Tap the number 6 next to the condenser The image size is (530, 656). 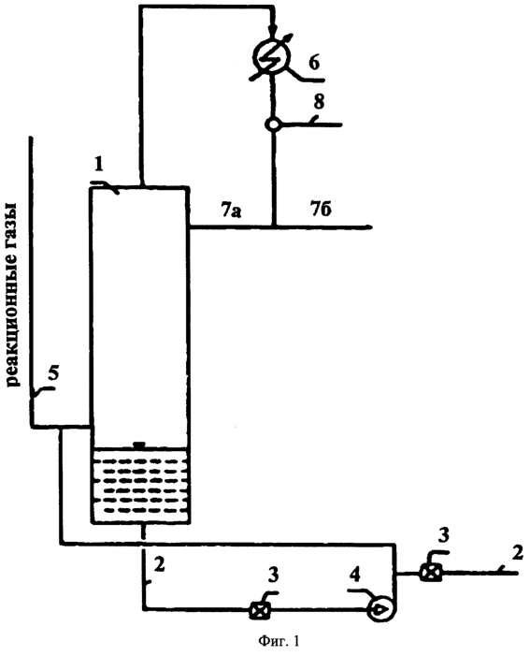(314, 63)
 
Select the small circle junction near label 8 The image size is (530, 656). (273, 124)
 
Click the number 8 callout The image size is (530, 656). (319, 102)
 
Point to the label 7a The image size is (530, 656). (232, 210)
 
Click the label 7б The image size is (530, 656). (321, 209)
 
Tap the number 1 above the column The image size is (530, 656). (99, 165)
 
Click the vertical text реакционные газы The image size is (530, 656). (14, 294)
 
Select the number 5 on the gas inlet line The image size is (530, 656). (53, 373)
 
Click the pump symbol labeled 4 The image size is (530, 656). (380, 609)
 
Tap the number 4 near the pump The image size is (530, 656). (355, 576)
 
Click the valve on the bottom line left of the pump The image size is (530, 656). (260, 610)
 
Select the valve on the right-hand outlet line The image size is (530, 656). (431, 573)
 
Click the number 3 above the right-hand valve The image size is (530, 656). (443, 535)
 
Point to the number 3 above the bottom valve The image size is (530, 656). (273, 575)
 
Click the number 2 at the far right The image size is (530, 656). (517, 553)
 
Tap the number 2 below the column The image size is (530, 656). (159, 565)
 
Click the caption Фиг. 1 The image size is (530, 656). (279, 641)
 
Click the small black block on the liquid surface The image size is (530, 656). (139, 445)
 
